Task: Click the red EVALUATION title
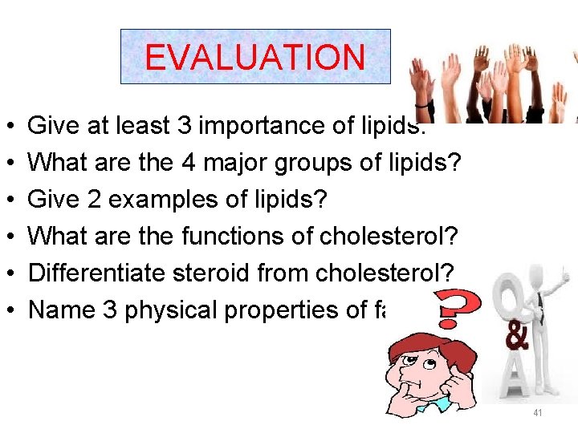point(254,58)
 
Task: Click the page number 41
point(537,413)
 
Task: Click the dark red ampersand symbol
point(518,337)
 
